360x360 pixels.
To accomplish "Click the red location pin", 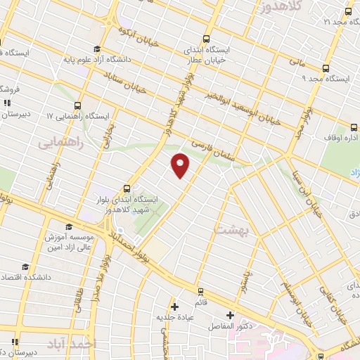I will (x=181, y=165).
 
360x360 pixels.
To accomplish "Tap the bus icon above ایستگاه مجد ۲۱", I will (x=347, y=11).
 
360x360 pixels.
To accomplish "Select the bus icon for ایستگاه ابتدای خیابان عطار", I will (x=205, y=39).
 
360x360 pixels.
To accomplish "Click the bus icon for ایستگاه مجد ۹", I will (x=326, y=68).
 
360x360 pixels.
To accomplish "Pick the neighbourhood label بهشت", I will (x=226, y=229).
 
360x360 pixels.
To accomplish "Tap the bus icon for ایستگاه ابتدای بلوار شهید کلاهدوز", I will (x=127, y=188).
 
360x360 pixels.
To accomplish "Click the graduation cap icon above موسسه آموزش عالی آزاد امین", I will (x=69, y=226).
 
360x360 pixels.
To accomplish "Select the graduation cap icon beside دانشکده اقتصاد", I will (x=25, y=266).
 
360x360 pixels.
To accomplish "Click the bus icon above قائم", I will (x=200, y=290).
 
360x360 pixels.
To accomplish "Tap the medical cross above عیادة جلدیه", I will (x=175, y=307).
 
